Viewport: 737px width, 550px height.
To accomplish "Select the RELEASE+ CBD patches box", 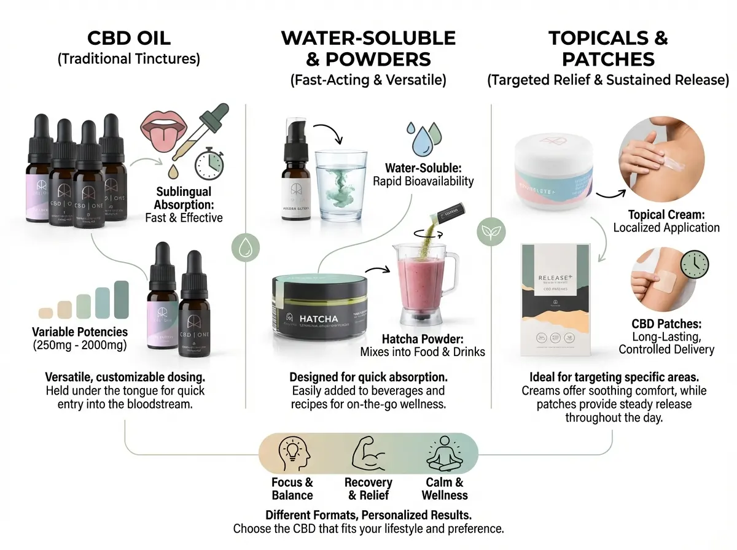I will (560, 299).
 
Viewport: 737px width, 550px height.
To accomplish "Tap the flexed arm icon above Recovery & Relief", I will (368, 455).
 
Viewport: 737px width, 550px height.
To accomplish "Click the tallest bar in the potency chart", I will (121, 299).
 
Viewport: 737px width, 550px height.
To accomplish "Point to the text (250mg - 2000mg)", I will (80, 346).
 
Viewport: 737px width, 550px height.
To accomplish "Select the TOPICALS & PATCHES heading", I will (608, 48).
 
